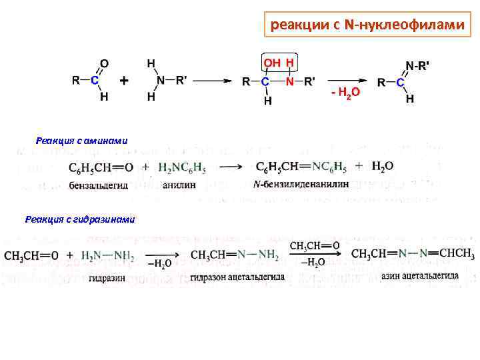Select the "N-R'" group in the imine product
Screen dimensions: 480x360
[418, 66]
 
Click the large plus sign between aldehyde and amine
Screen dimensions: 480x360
[124, 81]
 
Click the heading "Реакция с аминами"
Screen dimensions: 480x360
[81, 140]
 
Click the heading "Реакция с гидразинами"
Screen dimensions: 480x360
[80, 219]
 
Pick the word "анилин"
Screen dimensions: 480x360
[179, 185]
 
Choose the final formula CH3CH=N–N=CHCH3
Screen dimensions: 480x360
[413, 254]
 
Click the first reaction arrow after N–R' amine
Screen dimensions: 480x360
[212, 81]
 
